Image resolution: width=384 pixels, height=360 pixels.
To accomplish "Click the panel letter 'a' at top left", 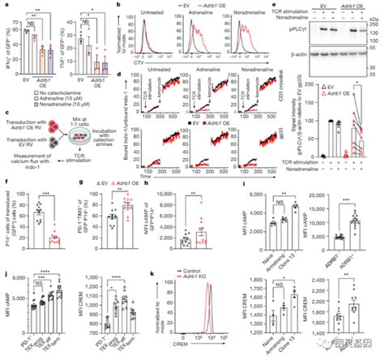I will tap(3, 4).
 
